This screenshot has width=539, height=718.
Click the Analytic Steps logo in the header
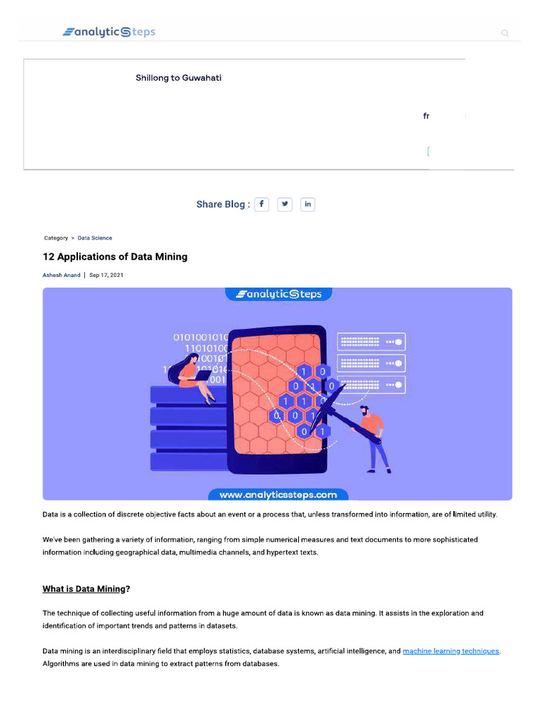point(109,32)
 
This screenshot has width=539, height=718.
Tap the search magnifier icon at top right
point(505,33)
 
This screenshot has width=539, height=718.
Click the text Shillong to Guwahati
point(178,78)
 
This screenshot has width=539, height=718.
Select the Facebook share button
point(261,204)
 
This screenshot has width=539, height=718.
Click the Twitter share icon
point(284,204)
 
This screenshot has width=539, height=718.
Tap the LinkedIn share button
point(307,204)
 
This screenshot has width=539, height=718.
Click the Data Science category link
point(95,238)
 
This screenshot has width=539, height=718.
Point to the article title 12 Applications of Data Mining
point(115,257)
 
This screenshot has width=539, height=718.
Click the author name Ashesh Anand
point(62,276)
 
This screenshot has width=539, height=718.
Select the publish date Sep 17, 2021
point(106,276)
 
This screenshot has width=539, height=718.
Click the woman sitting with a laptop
point(192,379)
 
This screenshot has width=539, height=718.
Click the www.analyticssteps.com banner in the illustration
point(278,494)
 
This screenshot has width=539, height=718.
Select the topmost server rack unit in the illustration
point(371,342)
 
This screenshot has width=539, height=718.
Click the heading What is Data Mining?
point(86,589)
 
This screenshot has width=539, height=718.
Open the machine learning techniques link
point(451,651)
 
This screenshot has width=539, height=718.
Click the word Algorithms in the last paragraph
point(62,664)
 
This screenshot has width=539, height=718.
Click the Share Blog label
point(222,205)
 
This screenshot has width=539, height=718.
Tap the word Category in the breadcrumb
point(56,238)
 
